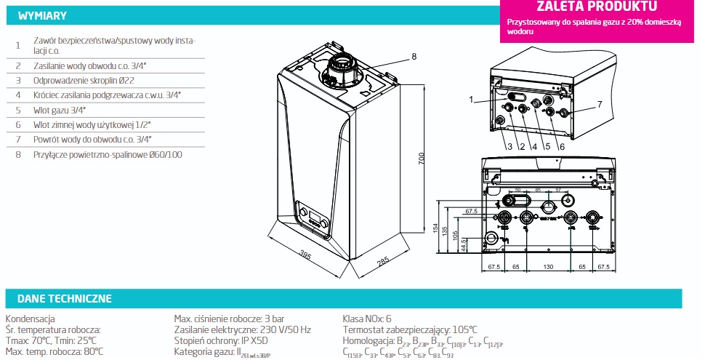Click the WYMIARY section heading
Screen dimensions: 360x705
(42, 15)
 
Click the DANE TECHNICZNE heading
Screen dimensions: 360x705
(64, 298)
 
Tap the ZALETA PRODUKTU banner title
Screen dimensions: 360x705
(596, 7)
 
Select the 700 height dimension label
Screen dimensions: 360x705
(421, 161)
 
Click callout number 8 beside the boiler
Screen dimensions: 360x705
(413, 56)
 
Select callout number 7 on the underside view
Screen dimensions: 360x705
(600, 104)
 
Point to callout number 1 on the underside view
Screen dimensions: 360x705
(471, 99)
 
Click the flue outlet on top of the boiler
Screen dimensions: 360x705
(339, 68)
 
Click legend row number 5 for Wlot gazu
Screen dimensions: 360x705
(17, 110)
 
